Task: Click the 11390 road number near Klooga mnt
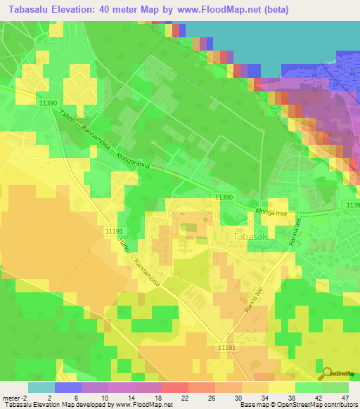(223, 198)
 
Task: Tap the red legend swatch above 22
(174, 387)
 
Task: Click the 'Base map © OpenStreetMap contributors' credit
(297, 405)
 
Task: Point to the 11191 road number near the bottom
(227, 348)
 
